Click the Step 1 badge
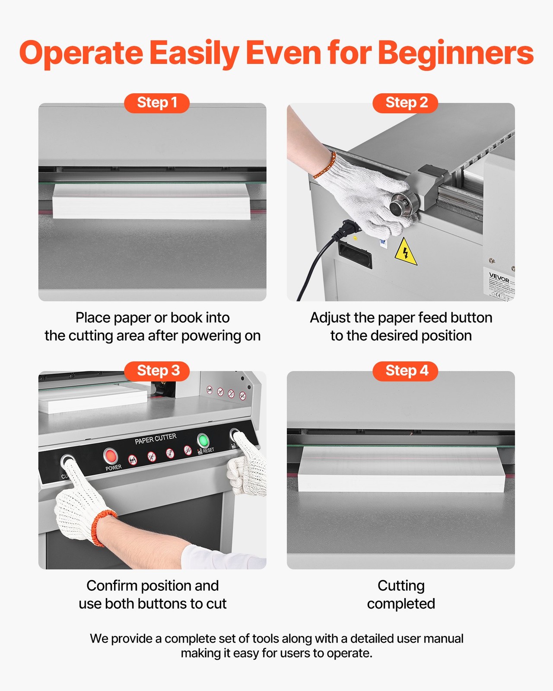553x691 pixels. pyautogui.click(x=157, y=103)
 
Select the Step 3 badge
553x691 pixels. pyautogui.click(x=157, y=371)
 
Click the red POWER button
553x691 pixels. pyautogui.click(x=111, y=455)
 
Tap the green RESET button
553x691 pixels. pyautogui.click(x=203, y=441)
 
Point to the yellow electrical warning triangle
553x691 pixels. pyautogui.click(x=405, y=252)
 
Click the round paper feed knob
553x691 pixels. pyautogui.click(x=401, y=205)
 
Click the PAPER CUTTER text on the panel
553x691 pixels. pyautogui.click(x=156, y=438)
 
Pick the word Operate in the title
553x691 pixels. pyautogui.click(x=81, y=53)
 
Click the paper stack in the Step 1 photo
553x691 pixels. pyautogui.click(x=151, y=201)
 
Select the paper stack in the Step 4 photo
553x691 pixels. pyautogui.click(x=401, y=469)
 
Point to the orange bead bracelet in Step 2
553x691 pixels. pyautogui.click(x=324, y=166)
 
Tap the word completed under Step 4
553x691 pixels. pyautogui.click(x=401, y=604)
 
